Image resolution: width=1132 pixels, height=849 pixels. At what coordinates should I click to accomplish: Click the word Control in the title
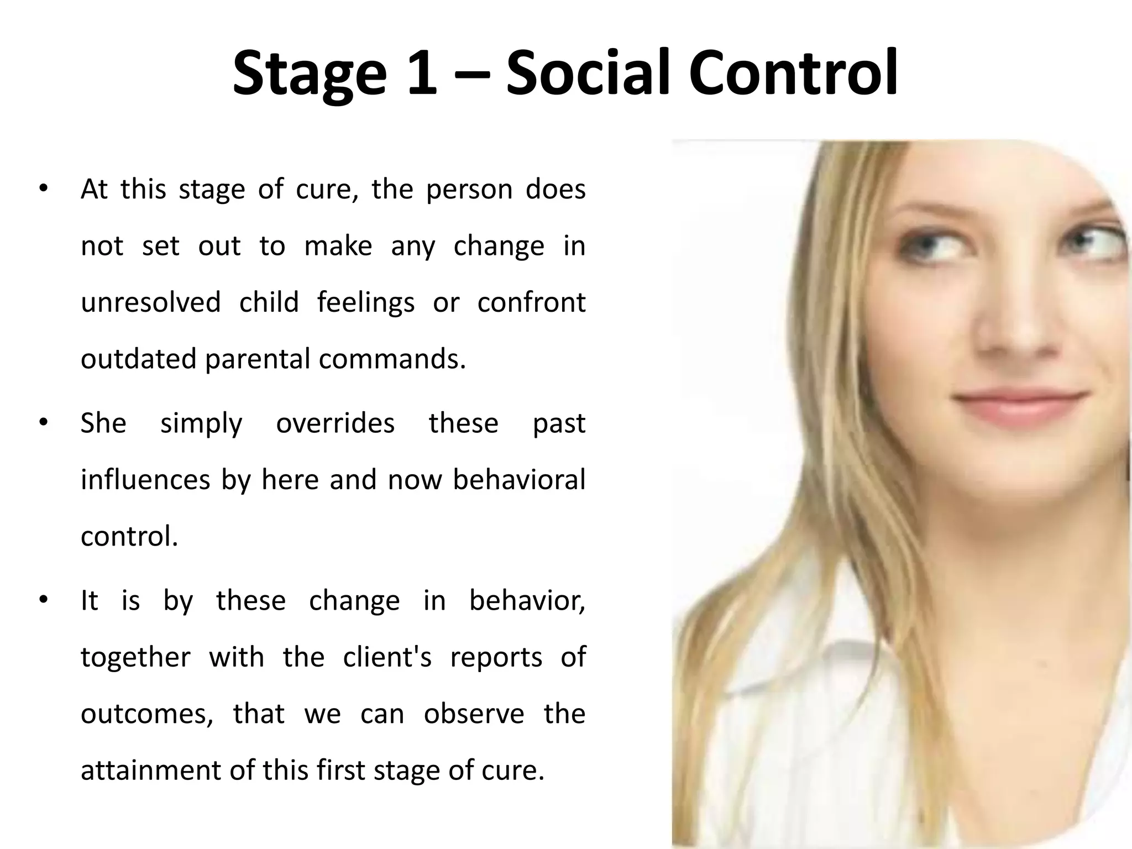pos(793,74)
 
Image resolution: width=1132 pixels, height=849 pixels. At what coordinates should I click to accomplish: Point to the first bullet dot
pos(44,189)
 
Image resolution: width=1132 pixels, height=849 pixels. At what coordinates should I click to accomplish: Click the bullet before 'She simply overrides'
pos(44,423)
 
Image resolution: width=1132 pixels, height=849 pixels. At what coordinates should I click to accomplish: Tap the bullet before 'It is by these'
pos(44,600)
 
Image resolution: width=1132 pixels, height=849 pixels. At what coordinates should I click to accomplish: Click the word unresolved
pos(150,302)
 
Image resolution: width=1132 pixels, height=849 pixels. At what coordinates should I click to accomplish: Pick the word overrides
pos(335,423)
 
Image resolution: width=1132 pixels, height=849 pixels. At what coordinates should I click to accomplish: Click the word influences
pos(145,480)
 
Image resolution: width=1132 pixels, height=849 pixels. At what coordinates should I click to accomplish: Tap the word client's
pos(387,657)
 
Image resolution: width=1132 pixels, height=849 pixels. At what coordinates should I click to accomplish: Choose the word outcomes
pos(147,714)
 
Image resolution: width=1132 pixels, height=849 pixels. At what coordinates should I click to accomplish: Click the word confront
pos(531,302)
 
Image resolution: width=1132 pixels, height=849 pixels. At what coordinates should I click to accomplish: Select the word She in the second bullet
pos(103,423)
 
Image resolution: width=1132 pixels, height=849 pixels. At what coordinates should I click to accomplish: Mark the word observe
pos(474,714)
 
